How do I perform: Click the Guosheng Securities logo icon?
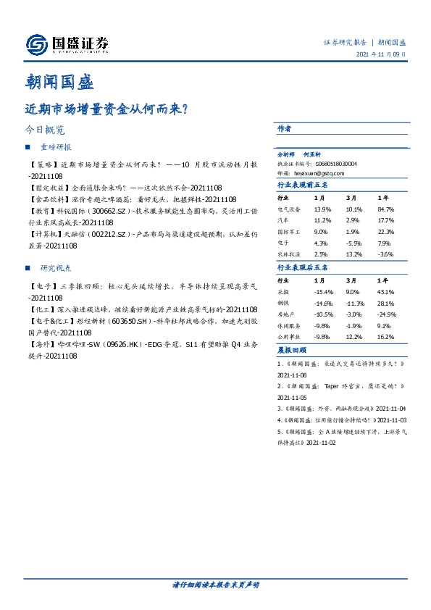pyautogui.click(x=34, y=44)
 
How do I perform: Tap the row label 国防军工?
pyautogui.click(x=289, y=232)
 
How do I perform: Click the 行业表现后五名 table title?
pyautogui.click(x=303, y=267)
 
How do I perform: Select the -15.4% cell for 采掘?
pyautogui.click(x=323, y=292)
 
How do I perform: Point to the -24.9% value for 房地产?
pyautogui.click(x=388, y=314)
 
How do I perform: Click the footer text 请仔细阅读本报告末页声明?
pyautogui.click(x=215, y=585)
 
